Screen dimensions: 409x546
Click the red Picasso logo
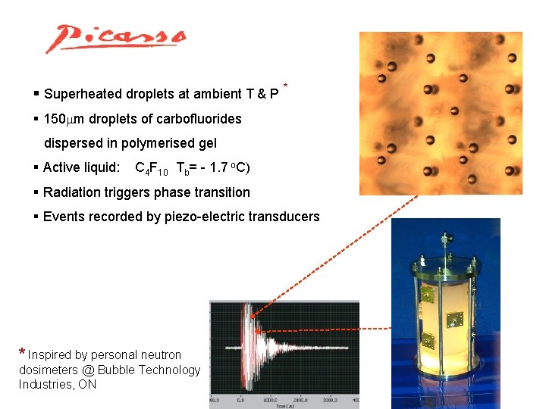115,38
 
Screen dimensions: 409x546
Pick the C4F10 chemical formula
151,168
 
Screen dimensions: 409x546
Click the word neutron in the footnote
162,354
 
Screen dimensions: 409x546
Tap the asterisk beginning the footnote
23,353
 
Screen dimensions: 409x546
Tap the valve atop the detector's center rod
443,242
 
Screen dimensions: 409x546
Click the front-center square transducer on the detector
455,319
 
